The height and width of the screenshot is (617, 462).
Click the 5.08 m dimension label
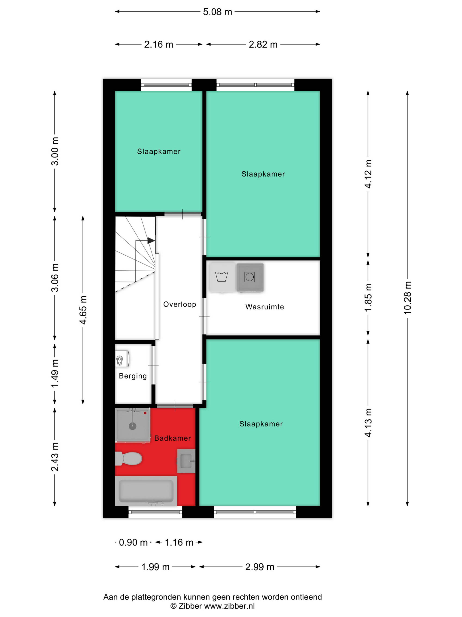click(x=217, y=12)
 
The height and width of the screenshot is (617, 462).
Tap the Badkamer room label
click(x=172, y=438)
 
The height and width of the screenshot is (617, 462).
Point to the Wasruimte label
click(x=264, y=307)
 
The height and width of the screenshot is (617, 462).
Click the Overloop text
click(x=180, y=304)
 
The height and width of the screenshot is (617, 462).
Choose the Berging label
click(x=133, y=376)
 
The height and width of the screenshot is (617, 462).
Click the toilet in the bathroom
click(x=129, y=459)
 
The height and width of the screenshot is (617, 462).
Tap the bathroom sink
click(x=186, y=461)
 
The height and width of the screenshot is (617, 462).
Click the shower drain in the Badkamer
click(x=133, y=426)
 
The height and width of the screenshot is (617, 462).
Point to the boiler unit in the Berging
click(x=122, y=359)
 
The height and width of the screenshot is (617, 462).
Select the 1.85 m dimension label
click(x=368, y=298)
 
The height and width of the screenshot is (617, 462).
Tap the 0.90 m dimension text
click(x=133, y=542)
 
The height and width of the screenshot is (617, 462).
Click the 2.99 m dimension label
click(x=260, y=567)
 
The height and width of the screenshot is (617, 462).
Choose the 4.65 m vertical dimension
click(x=83, y=310)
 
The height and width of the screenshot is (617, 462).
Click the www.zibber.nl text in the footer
click(x=229, y=606)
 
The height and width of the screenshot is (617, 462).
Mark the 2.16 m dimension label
click(x=158, y=44)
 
